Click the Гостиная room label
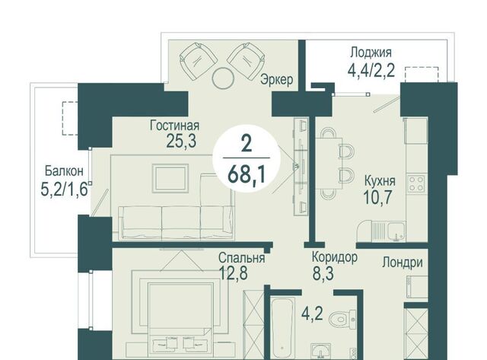coord(174,126)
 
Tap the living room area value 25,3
coord(181,141)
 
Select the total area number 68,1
coord(247,175)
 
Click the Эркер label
coord(277,79)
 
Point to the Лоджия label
coord(371,53)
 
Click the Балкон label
coord(64,170)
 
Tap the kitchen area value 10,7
coord(378,197)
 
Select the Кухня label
coord(380,180)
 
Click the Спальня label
coord(242,258)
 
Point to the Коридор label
coord(335,257)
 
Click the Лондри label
coord(403,262)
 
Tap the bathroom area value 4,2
coord(312,314)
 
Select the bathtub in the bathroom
coord(282,329)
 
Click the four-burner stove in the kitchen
coord(416,183)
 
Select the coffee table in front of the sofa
coord(170,178)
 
